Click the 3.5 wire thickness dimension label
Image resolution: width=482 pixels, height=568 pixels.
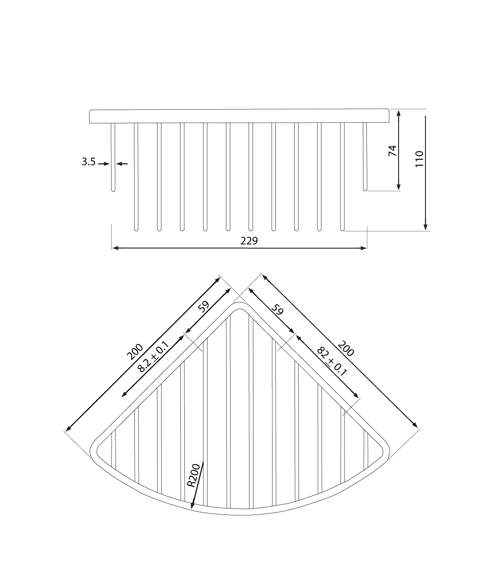click(88, 162)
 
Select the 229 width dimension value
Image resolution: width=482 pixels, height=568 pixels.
click(249, 241)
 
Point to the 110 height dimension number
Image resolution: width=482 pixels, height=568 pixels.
click(419, 159)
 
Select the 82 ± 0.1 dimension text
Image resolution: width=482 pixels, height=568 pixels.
click(332, 361)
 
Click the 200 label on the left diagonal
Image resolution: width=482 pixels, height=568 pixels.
click(135, 352)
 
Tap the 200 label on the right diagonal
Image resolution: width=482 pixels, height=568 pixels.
click(345, 349)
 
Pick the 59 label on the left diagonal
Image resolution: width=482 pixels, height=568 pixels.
click(204, 307)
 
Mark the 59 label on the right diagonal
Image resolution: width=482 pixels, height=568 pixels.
click(277, 310)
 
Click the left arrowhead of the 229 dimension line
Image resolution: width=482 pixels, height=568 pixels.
click(115, 248)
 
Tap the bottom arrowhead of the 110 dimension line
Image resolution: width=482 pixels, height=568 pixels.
click(425, 226)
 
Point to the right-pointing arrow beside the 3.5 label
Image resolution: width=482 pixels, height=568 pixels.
click(104, 164)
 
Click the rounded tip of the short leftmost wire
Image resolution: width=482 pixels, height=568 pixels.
click(113, 189)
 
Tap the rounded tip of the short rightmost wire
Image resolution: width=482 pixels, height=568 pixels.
click(365, 189)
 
